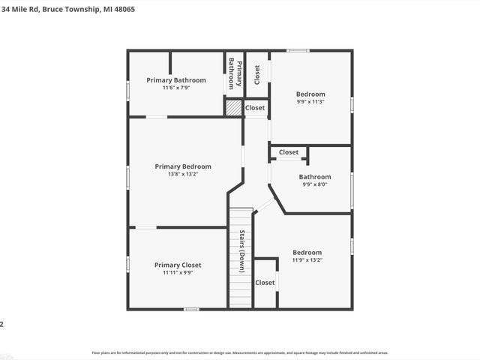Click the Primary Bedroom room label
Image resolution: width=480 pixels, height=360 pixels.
click(x=183, y=166)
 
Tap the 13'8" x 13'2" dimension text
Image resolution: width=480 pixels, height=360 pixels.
click(x=183, y=175)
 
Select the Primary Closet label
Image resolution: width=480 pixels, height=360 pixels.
click(x=178, y=265)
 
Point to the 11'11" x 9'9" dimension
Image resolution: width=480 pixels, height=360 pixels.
click(x=178, y=273)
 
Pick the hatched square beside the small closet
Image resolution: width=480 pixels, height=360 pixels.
click(x=234, y=108)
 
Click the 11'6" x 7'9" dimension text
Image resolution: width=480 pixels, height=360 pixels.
click(x=176, y=88)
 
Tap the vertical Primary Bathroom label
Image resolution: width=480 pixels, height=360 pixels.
click(x=235, y=73)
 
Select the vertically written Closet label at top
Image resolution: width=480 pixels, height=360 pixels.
click(x=257, y=73)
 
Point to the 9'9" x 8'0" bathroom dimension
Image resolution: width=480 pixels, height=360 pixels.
click(x=315, y=184)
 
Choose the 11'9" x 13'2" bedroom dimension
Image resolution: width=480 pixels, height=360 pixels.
click(x=307, y=260)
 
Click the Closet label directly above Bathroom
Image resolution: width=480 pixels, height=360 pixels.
click(x=289, y=152)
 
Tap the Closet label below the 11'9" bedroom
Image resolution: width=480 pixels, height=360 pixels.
click(x=265, y=283)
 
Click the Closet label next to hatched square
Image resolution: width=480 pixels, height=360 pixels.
click(x=255, y=108)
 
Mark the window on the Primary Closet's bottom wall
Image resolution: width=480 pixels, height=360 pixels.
click(x=191, y=309)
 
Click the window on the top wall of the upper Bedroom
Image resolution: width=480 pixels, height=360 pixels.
click(x=298, y=50)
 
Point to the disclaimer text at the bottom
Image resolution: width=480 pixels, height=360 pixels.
click(x=240, y=352)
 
